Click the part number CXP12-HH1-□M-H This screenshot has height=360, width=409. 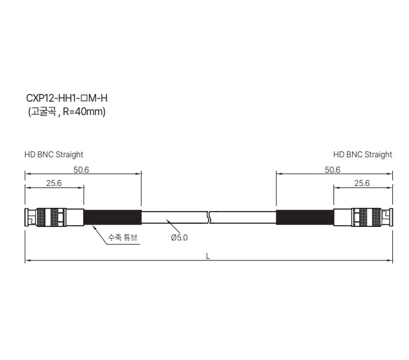pyautogui.click(x=67, y=98)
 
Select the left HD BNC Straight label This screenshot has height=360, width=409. pyautogui.click(x=54, y=155)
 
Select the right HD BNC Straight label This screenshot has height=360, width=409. pyautogui.click(x=362, y=155)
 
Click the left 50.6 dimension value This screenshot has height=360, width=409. pyautogui.click(x=81, y=169)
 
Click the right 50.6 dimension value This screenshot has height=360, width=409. pyautogui.click(x=332, y=169)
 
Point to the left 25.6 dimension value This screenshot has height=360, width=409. pyautogui.click(x=54, y=183)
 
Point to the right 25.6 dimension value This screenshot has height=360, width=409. pyautogui.click(x=362, y=183)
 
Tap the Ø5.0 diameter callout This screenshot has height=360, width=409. pyautogui.click(x=179, y=238)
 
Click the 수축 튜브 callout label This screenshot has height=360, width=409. pyautogui.click(x=123, y=237)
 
